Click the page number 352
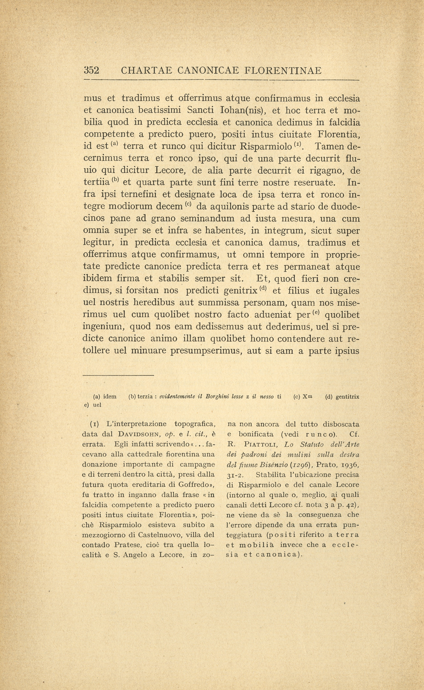[92, 70]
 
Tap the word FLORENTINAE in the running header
[283, 71]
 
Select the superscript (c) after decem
[188, 205]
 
